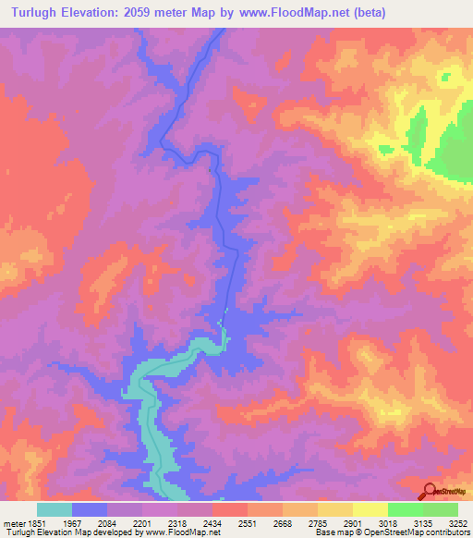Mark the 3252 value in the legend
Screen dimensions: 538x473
(x=456, y=522)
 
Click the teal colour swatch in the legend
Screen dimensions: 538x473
(x=55, y=509)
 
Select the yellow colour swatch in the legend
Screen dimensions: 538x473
(x=370, y=509)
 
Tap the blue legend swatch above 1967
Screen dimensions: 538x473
(x=90, y=509)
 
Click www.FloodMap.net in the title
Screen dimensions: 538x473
(x=314, y=12)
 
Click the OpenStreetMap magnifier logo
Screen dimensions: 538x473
(x=430, y=491)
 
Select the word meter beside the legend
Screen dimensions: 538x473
(x=15, y=522)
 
